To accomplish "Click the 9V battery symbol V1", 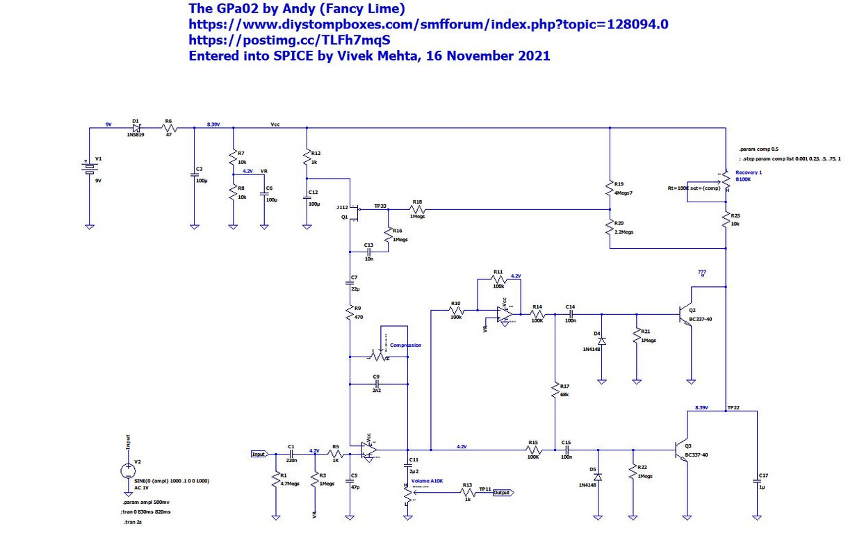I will [89, 169].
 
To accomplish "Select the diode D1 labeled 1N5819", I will [136, 128].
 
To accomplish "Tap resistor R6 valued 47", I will [168, 128].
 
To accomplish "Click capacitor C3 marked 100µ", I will [194, 175].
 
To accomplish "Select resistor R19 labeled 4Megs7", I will [609, 188].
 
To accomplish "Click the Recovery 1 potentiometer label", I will [749, 172].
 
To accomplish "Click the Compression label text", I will [405, 345].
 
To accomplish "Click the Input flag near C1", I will [259, 454].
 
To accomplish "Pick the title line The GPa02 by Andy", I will [297, 8].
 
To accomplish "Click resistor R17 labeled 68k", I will [555, 390].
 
